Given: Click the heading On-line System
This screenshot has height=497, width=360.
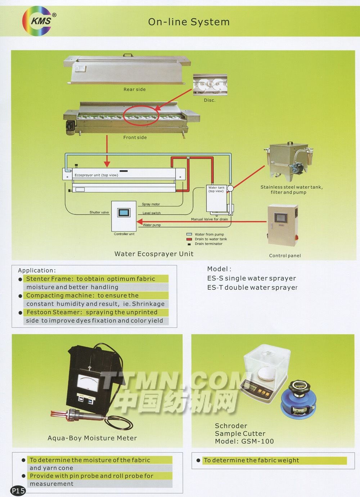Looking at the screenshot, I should (x=189, y=22).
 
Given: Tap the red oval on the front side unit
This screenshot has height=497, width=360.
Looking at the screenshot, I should (x=141, y=115).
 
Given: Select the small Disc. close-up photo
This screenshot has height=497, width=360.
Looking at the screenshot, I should (x=210, y=85).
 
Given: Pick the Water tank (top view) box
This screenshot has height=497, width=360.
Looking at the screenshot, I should (x=216, y=198).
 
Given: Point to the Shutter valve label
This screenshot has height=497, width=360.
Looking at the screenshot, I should (x=99, y=212).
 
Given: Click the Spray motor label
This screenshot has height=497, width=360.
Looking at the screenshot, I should (x=151, y=204).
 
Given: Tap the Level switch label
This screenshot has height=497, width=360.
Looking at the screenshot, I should (x=152, y=213).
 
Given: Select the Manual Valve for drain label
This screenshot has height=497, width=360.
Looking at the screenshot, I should (x=209, y=219).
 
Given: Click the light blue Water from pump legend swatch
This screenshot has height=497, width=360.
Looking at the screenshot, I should (x=189, y=234).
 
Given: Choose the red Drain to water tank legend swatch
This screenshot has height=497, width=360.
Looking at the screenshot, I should (x=189, y=239).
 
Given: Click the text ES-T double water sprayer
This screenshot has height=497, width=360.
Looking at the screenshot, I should (x=252, y=287).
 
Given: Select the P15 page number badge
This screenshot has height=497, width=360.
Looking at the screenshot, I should (x=18, y=491).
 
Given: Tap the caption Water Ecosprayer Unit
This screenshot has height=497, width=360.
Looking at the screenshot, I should (x=154, y=254).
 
